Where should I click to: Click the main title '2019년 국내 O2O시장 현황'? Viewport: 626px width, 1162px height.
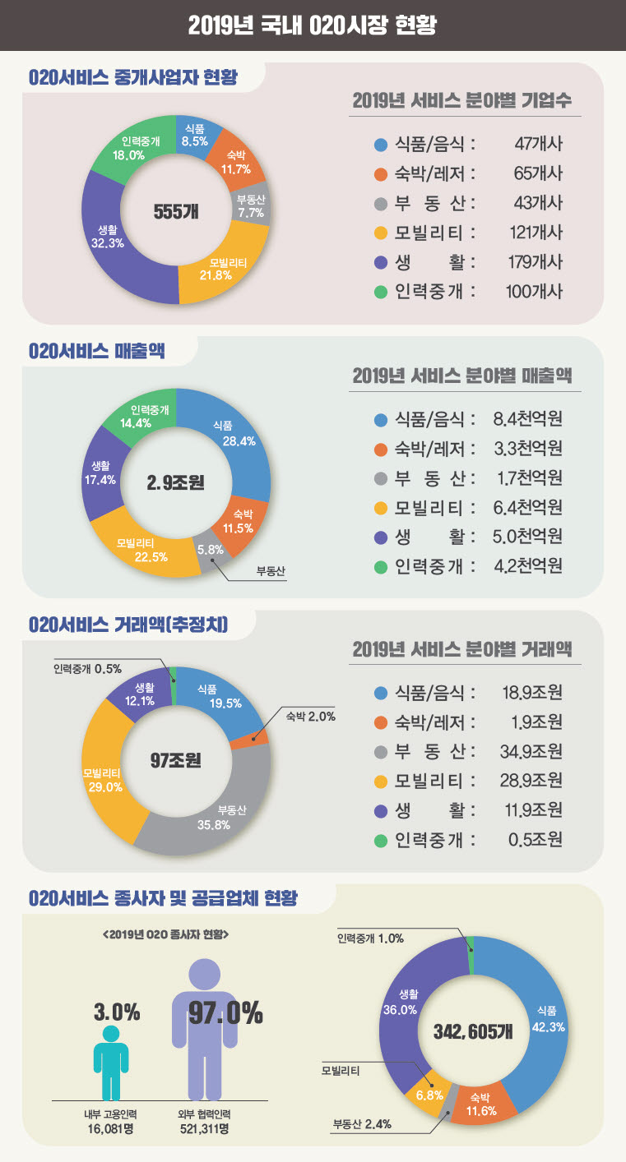pos(313,25)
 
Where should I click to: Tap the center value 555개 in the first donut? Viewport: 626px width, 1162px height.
pos(176,211)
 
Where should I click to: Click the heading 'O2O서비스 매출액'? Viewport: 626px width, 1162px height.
pos(96,352)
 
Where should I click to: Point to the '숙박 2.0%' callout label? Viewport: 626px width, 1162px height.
pos(310,717)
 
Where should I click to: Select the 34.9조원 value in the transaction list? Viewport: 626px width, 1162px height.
pos(531,751)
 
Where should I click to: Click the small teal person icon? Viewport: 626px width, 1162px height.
pos(111,1060)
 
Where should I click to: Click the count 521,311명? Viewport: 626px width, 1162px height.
pos(204,1129)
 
